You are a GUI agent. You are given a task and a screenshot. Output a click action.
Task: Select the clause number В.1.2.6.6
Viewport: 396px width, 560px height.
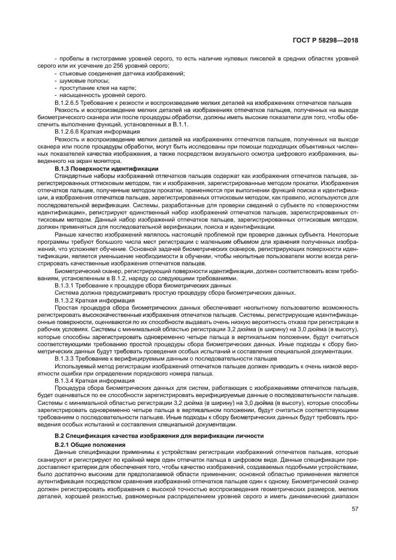click(x=69, y=131)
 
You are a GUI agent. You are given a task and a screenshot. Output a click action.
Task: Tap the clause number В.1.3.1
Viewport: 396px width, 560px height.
click(x=65, y=285)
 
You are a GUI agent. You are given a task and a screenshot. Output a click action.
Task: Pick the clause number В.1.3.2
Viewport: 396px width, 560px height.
click(x=65, y=299)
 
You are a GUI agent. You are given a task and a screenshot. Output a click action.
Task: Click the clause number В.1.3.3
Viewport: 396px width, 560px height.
click(x=65, y=358)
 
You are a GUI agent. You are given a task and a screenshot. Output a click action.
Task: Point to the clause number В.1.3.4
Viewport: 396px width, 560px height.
click(x=65, y=380)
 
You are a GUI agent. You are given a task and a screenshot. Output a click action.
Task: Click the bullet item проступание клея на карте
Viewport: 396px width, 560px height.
click(x=87, y=87)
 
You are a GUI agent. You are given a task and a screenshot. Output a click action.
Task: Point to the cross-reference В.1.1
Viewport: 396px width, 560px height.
click(x=180, y=123)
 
